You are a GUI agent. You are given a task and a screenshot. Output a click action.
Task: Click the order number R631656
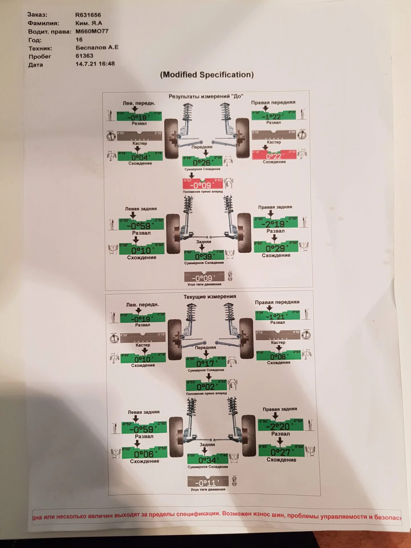(88, 15)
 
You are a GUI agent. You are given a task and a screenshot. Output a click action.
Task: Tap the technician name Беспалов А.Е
(97, 47)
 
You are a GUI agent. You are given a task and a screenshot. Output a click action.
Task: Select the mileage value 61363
(84, 56)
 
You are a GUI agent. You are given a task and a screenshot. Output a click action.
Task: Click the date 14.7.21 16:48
(95, 64)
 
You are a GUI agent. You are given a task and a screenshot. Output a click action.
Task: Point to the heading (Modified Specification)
(207, 75)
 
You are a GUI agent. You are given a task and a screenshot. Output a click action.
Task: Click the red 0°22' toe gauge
(274, 155)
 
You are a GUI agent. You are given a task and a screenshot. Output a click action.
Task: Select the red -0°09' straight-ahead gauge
(203, 184)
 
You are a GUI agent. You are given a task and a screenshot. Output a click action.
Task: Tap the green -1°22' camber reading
(273, 116)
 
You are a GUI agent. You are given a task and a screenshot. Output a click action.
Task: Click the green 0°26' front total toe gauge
(202, 162)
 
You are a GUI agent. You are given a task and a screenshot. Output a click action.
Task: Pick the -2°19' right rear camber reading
(275, 223)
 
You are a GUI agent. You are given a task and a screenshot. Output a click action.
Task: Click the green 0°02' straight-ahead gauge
(206, 386)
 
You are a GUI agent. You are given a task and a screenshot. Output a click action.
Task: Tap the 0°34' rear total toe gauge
(207, 459)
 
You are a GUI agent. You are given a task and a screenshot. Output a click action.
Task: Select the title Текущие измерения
(210, 297)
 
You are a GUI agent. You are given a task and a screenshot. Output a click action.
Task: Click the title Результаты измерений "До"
(206, 96)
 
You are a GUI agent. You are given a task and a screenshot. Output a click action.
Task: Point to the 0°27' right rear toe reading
(281, 451)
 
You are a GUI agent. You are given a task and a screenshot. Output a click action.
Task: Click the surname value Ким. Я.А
(89, 23)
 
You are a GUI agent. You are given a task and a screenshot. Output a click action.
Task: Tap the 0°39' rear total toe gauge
(204, 255)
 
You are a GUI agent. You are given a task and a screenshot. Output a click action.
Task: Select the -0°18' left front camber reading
(139, 116)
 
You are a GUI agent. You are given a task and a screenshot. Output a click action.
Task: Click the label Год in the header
(35, 40)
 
